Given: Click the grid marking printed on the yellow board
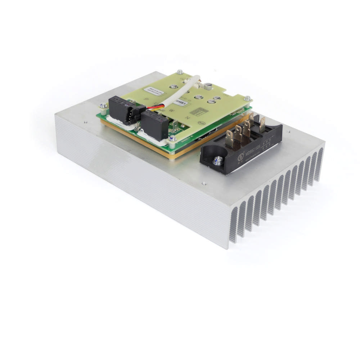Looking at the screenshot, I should pos(196,112).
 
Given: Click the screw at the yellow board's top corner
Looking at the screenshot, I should pos(180,72).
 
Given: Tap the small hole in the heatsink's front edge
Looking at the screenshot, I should pos(204,183).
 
